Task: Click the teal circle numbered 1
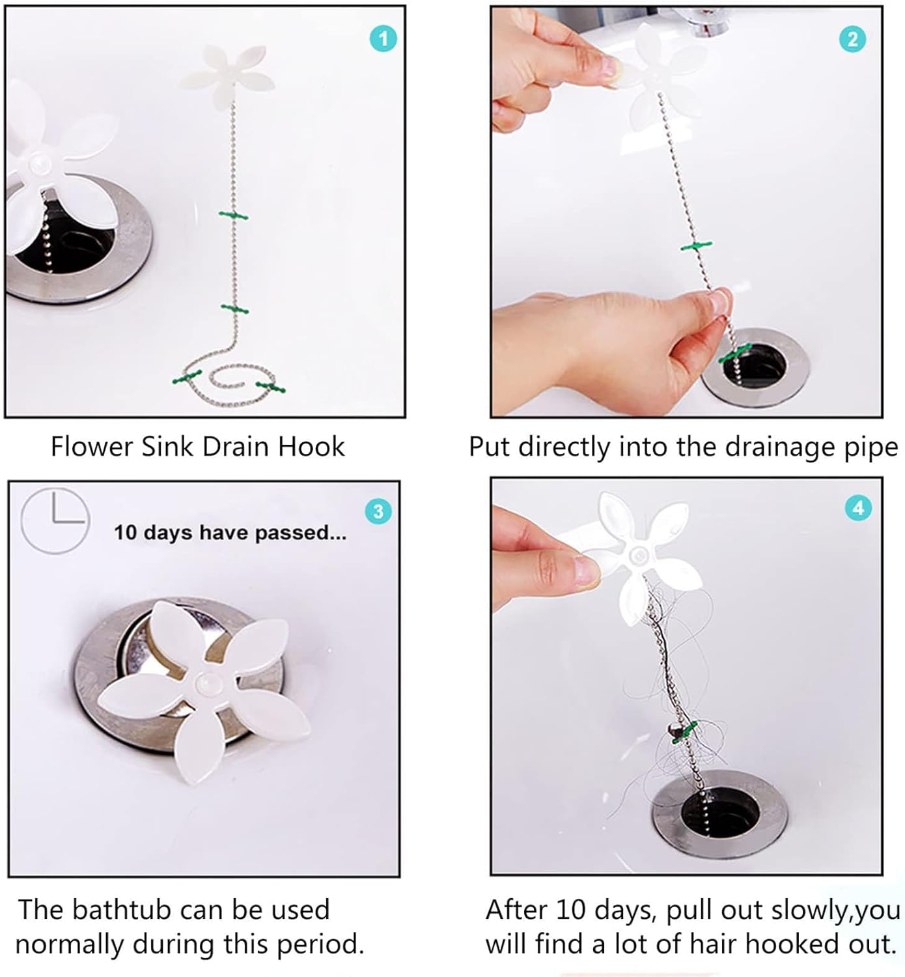(x=383, y=38)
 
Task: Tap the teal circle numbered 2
(x=852, y=39)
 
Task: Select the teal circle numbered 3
(x=378, y=511)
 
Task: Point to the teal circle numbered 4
(x=858, y=507)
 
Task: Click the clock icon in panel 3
(x=55, y=520)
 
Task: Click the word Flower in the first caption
(x=92, y=447)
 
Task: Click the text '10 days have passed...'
(x=230, y=533)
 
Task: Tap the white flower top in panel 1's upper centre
(x=227, y=74)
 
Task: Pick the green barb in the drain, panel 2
(x=735, y=353)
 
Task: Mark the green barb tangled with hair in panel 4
(x=683, y=731)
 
